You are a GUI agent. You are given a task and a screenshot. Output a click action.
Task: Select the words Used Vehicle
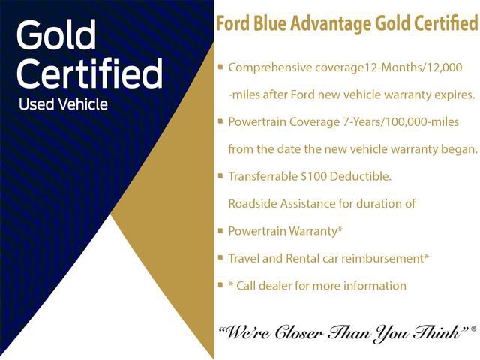click(63, 104)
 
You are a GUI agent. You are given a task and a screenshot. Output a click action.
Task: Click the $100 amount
click(310, 176)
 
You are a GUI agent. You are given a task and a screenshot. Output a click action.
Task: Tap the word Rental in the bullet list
click(306, 258)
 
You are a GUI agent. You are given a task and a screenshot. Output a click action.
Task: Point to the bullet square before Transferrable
click(220, 175)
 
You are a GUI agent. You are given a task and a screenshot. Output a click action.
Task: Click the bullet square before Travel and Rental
click(220, 257)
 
